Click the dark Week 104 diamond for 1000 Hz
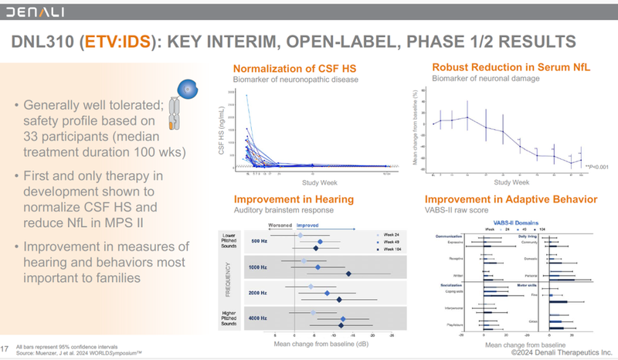(x=349, y=275)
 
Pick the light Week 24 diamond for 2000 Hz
(x=311, y=287)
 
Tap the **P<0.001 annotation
(x=597, y=166)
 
